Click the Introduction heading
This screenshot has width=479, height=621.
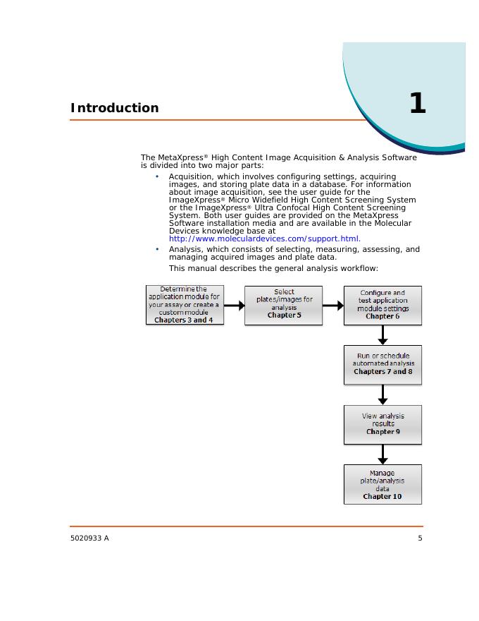[x=114, y=108]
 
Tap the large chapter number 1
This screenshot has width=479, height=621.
[x=417, y=104]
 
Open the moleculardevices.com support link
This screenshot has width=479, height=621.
[x=265, y=239]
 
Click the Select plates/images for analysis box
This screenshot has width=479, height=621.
[x=284, y=304]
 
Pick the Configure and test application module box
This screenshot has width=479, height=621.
[x=382, y=304]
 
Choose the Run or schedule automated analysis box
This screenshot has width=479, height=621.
[x=382, y=364]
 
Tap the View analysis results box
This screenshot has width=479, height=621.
[x=382, y=424]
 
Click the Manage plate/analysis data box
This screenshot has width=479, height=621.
[x=382, y=483]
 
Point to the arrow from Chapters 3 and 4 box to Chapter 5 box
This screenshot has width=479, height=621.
[x=234, y=306]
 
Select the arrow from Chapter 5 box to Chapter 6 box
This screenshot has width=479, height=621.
[x=332, y=306]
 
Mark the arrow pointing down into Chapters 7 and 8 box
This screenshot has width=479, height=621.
[x=382, y=335]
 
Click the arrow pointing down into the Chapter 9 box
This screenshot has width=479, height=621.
[x=382, y=394]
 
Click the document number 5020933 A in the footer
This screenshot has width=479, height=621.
[x=89, y=539]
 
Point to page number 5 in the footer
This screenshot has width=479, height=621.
[x=420, y=539]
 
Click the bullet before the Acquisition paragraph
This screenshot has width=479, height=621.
[x=157, y=176]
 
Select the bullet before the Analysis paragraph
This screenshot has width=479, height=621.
[x=157, y=249]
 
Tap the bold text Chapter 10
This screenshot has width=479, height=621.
[x=382, y=496]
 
